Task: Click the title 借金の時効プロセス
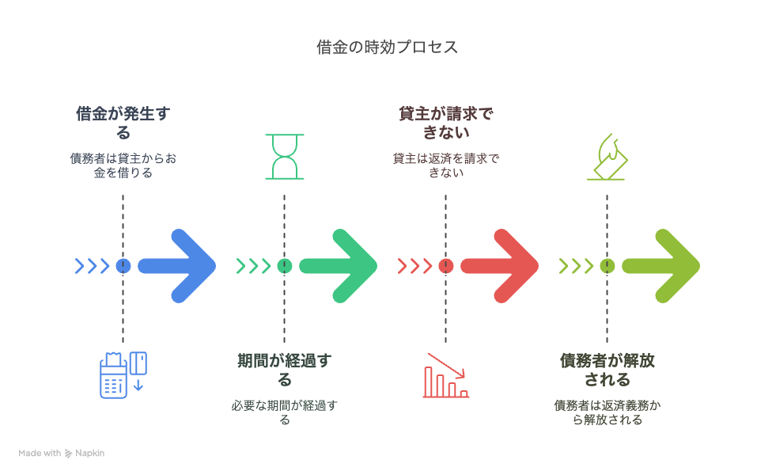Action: point(387,47)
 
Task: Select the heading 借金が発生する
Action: point(123,123)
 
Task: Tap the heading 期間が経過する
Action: point(285,370)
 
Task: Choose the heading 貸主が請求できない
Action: point(446,123)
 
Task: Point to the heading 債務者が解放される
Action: point(608,370)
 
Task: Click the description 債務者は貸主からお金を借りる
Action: point(123,165)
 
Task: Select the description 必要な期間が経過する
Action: point(285,412)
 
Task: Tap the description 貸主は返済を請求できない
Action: point(446,165)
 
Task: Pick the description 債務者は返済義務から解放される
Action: point(608,412)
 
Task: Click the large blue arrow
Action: point(178,266)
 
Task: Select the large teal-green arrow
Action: point(339,266)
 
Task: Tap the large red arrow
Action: point(501,266)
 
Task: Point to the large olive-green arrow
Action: point(662,266)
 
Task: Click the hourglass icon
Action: point(285,156)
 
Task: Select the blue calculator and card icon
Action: point(123,375)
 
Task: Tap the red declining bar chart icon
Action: point(446,375)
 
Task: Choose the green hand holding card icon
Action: point(608,157)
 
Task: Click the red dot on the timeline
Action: point(446,266)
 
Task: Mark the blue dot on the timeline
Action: point(123,266)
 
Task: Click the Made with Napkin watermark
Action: point(62,453)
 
